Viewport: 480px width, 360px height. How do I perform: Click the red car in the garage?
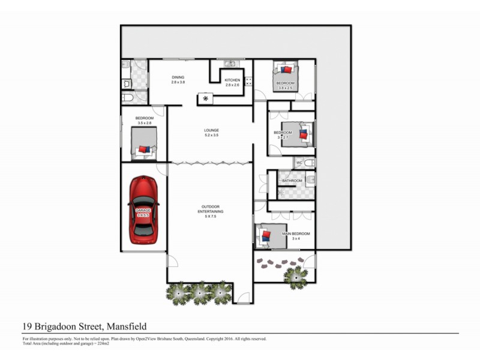point(143,207)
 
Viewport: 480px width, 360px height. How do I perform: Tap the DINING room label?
point(178,77)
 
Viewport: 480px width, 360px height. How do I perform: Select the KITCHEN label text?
point(232,80)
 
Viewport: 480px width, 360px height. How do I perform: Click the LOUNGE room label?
point(211,130)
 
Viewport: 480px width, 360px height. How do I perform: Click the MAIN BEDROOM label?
point(296,233)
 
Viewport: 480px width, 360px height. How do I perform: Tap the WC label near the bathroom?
point(299,163)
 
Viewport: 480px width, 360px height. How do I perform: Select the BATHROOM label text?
point(292,180)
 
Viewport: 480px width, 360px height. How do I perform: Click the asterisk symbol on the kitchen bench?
point(206,98)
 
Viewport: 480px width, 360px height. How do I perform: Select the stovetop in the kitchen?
point(248,82)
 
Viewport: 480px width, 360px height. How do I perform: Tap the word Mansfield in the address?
point(127,326)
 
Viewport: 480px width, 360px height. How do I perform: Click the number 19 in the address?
point(27,326)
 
